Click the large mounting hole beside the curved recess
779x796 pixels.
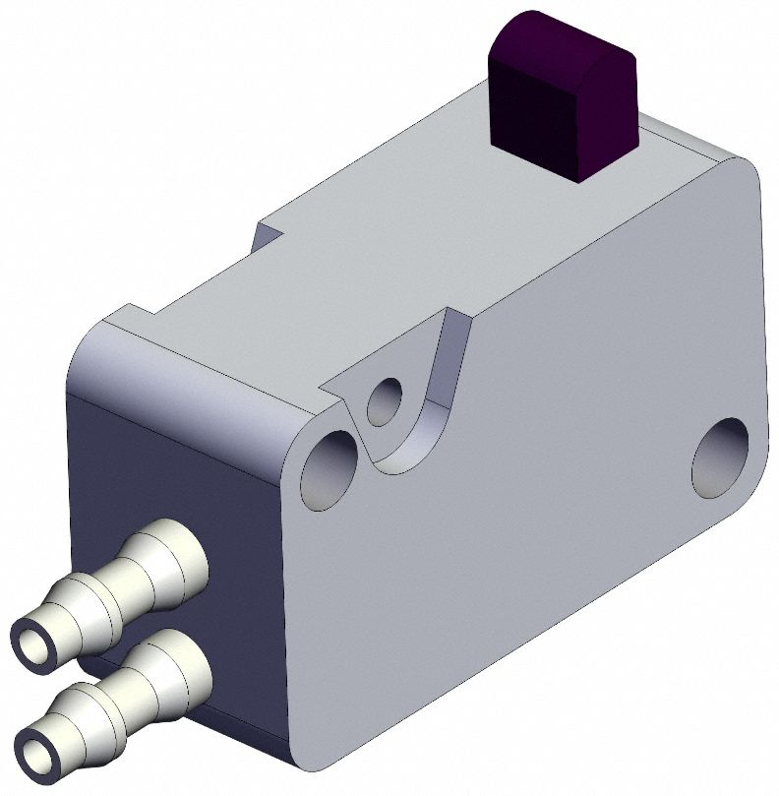329,470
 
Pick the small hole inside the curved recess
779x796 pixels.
384,399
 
